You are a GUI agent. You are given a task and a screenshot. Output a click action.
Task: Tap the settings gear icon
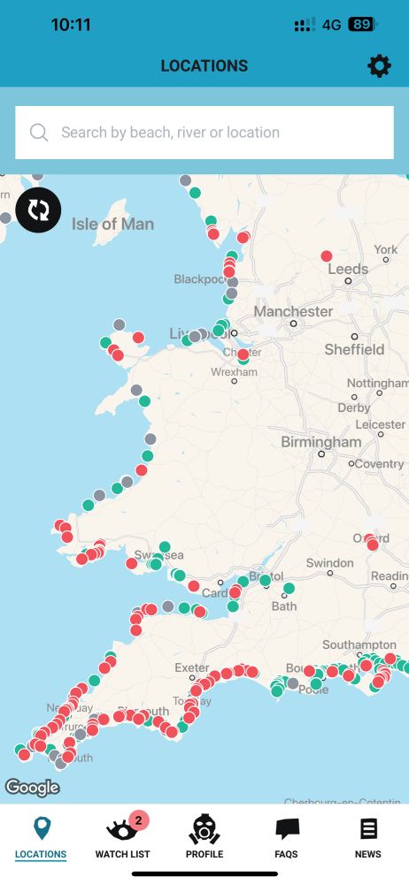(379, 65)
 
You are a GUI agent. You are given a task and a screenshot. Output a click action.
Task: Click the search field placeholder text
(170, 133)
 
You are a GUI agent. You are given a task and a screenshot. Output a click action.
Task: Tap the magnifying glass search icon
(39, 133)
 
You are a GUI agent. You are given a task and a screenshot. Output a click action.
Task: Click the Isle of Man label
(112, 224)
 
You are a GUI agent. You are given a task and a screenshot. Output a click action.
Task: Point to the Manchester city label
(293, 311)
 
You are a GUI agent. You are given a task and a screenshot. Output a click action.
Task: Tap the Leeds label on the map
(348, 269)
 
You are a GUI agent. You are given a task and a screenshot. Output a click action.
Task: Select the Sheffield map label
(354, 349)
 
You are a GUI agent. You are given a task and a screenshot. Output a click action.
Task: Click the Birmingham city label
(320, 442)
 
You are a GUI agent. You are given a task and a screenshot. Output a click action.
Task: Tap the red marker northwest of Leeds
(327, 255)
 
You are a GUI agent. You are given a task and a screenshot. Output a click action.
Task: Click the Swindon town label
(329, 563)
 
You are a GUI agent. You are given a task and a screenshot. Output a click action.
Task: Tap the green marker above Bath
(289, 588)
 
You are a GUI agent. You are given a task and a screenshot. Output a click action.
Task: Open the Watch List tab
(122, 836)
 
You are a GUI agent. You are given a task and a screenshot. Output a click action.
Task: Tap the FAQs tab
(286, 836)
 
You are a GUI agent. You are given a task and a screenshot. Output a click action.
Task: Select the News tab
(367, 836)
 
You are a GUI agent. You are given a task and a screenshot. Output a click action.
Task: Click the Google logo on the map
(32, 787)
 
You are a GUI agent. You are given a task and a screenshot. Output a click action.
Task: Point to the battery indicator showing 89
(360, 25)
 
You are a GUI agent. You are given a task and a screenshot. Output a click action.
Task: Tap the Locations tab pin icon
(41, 829)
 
